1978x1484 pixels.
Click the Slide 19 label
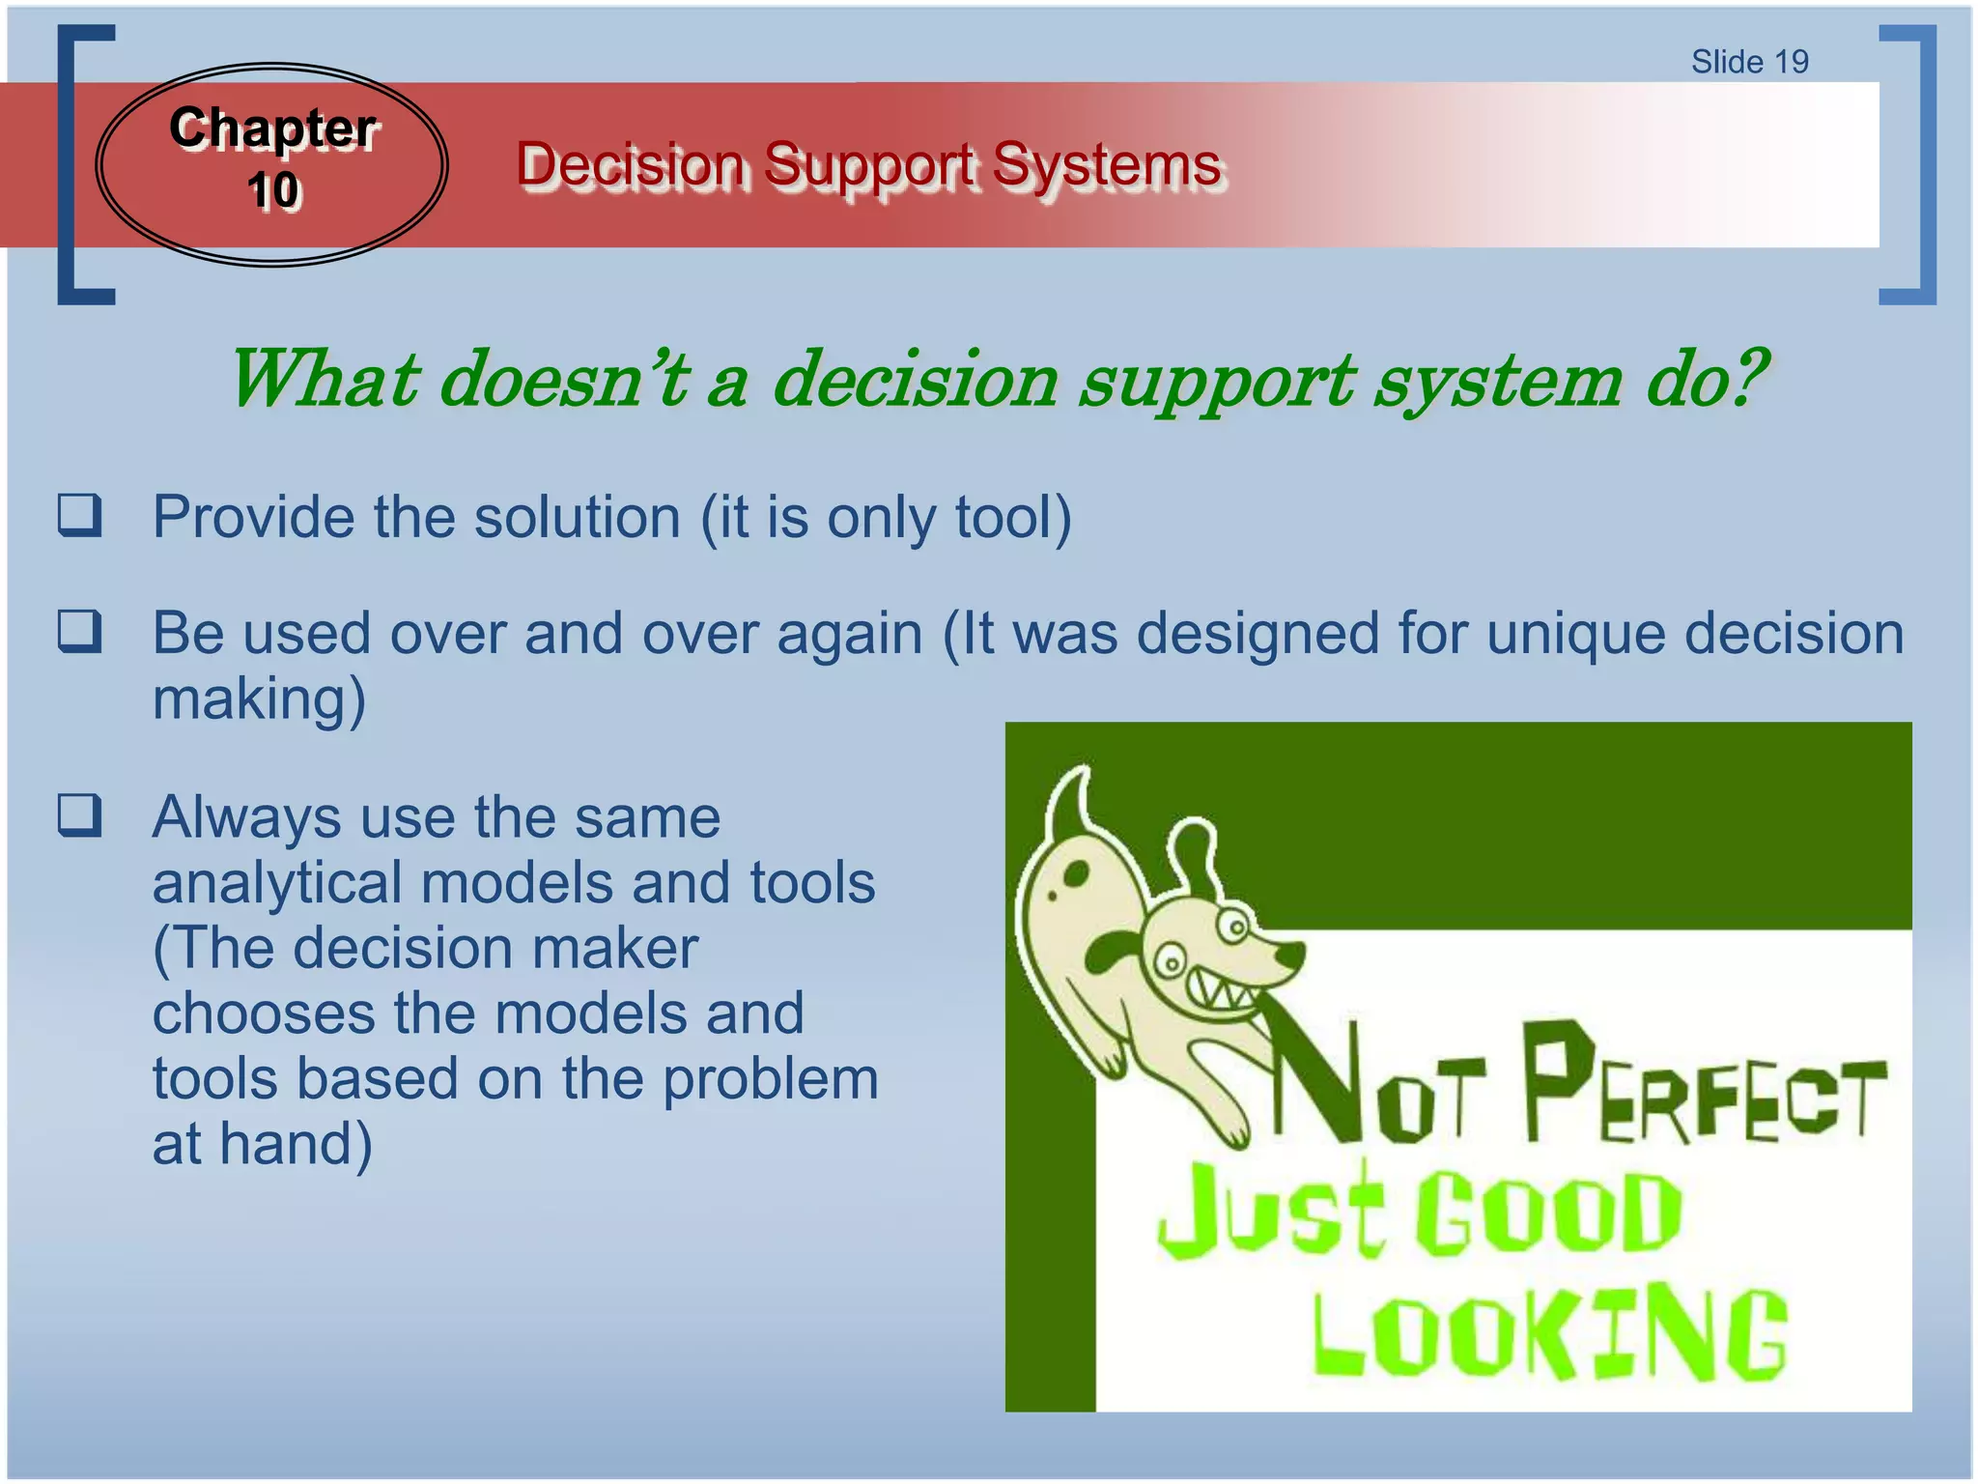coord(1749,62)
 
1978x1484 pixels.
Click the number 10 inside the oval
coord(273,189)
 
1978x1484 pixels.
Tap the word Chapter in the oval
coord(272,128)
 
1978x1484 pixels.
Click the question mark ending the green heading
coord(1745,379)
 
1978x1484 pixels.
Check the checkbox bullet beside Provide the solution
coord(79,515)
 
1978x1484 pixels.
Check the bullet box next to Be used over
coord(79,631)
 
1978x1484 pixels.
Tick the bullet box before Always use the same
coord(79,814)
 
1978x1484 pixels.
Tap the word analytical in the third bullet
coord(276,882)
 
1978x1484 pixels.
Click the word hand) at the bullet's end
coord(296,1144)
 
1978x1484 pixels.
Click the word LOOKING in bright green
coord(1549,1333)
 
